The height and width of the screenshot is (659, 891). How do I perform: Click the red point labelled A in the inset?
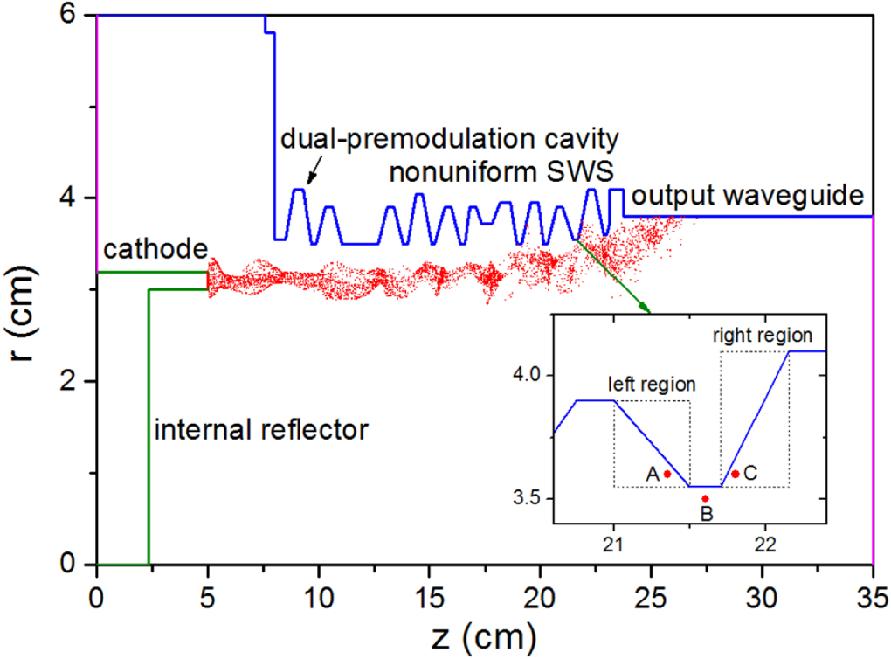(667, 474)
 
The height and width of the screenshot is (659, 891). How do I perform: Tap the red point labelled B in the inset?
(706, 498)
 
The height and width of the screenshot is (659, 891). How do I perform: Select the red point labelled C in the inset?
(736, 474)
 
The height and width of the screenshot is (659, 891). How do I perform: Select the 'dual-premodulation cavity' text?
(451, 138)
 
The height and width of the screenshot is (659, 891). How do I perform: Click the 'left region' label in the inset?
(653, 385)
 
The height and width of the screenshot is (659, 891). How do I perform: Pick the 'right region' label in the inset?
(763, 335)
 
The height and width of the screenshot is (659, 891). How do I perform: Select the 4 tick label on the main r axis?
(76, 198)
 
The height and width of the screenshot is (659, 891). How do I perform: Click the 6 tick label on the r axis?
(76, 16)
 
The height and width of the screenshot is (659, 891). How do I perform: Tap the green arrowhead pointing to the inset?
(645, 307)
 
